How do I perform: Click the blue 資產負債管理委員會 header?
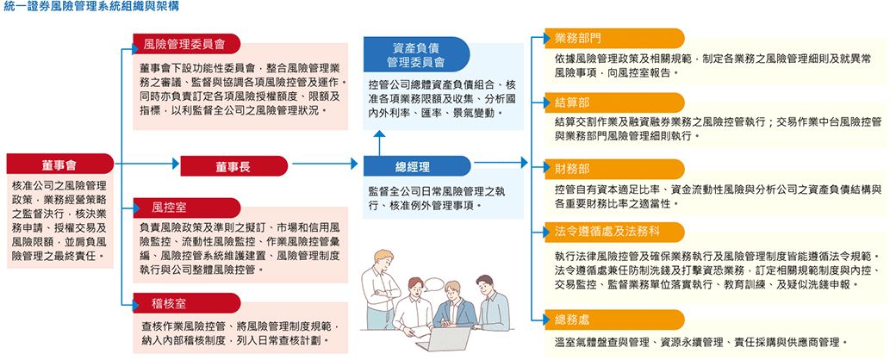(x=416, y=53)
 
